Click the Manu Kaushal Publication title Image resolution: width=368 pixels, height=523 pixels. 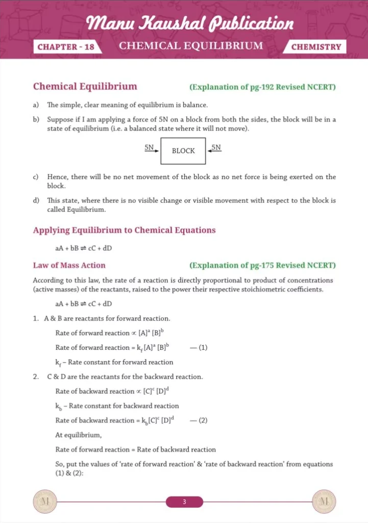tap(190, 23)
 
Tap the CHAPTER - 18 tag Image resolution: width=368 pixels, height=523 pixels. tap(65, 47)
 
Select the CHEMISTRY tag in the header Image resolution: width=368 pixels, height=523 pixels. tap(316, 47)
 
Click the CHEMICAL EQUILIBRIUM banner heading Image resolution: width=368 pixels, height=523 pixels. tap(191, 46)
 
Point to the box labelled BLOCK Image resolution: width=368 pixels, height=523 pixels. tap(183, 151)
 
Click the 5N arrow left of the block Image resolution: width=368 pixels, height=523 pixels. tap(151, 149)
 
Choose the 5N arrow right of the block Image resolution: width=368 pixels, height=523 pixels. tap(215, 149)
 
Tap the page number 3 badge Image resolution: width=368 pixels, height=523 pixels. tap(184, 502)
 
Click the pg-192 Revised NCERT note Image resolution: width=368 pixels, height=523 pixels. tap(262, 87)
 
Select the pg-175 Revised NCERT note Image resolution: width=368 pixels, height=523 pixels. tap(262, 266)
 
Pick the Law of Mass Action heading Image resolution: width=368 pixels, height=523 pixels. tap(69, 266)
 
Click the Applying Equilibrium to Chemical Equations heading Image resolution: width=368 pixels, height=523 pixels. tap(124, 230)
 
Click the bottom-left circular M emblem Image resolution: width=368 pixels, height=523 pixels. tap(42, 502)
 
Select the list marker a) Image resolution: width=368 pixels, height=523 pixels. tap(36, 105)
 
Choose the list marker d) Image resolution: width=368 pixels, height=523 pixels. tap(36, 201)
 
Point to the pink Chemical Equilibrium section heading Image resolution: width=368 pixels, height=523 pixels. tap(85, 87)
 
